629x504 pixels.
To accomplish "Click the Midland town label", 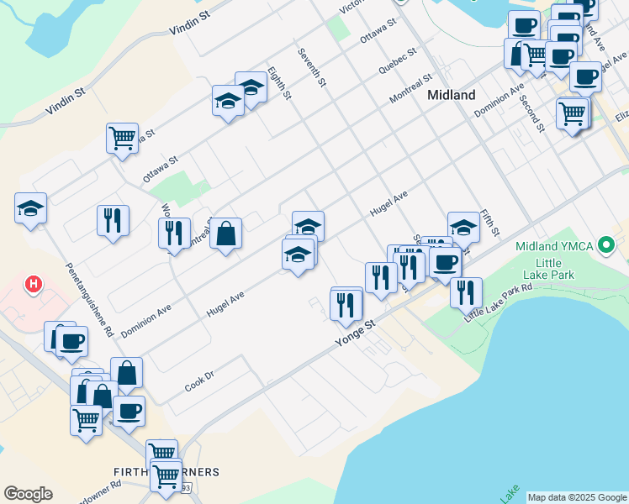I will [x=451, y=95].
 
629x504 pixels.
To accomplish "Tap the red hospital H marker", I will [x=34, y=285].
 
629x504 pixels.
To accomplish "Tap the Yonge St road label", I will [x=354, y=331].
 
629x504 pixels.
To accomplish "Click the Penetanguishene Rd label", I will [x=88, y=298].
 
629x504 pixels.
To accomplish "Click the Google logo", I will [x=28, y=494].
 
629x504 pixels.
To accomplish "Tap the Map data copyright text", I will [x=577, y=497].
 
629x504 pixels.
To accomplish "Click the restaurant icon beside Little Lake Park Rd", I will [x=466, y=292].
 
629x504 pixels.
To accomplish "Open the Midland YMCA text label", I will [x=554, y=246].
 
